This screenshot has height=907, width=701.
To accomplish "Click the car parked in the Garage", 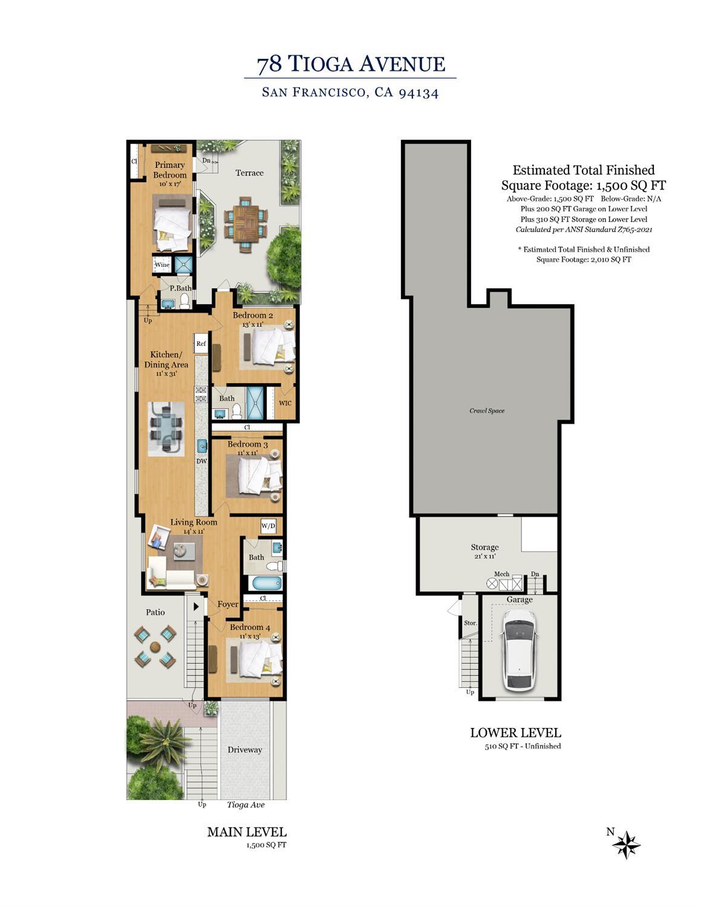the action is [x=520, y=650].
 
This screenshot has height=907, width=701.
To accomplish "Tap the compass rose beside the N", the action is [x=626, y=845].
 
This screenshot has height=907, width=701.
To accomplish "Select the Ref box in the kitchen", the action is [x=201, y=344].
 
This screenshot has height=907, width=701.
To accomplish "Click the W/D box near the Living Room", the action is [x=269, y=526].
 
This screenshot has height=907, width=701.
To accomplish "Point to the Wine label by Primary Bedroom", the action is [x=162, y=264].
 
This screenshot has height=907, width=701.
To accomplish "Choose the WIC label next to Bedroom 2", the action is [x=285, y=403].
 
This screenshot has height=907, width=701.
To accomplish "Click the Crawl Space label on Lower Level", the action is [x=487, y=411].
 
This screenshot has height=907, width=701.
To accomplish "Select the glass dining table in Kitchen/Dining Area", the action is [x=167, y=428].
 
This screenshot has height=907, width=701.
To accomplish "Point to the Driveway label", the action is [x=245, y=750].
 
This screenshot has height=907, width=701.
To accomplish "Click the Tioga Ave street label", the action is [x=246, y=805].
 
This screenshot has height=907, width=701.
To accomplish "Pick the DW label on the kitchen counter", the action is [x=201, y=461].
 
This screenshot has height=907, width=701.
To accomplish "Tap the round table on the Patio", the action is [x=155, y=647].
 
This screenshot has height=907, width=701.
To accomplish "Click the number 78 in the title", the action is [x=270, y=65].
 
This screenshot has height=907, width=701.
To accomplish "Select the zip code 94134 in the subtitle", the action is [x=419, y=93].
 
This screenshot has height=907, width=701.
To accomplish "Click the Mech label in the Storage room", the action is [x=501, y=574].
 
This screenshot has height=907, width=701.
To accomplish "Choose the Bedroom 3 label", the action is [x=247, y=444].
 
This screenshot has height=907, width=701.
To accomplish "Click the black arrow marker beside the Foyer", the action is [x=196, y=607].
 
